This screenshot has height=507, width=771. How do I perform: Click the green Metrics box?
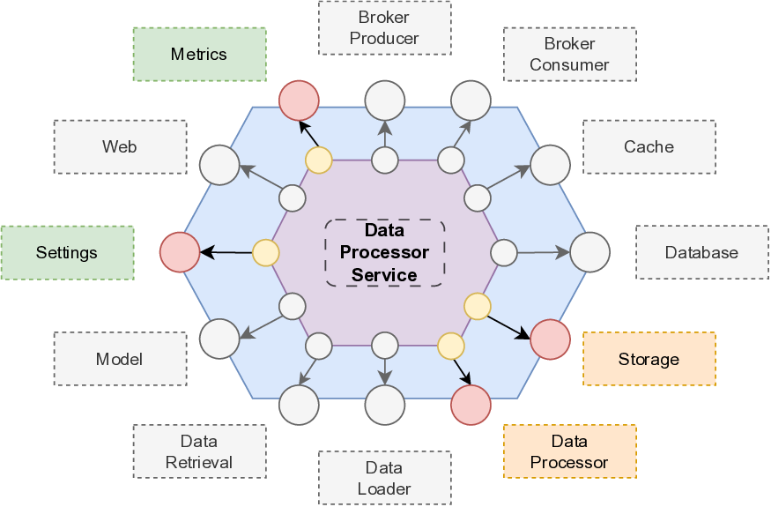[199, 55]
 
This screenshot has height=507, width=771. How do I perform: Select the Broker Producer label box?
[384, 28]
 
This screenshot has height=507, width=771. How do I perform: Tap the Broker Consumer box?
[569, 55]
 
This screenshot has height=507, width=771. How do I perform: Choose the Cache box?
[649, 147]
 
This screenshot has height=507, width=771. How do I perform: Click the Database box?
[701, 253]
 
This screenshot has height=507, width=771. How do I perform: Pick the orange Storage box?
[649, 359]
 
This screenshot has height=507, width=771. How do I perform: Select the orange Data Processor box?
[569, 451]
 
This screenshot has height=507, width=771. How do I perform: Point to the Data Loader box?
[384, 478]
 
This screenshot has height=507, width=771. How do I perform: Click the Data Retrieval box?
[199, 451]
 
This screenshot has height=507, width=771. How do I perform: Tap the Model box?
[120, 359]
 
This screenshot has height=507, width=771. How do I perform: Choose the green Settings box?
[67, 253]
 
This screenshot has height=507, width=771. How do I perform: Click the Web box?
[120, 147]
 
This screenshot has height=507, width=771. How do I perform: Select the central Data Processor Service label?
[384, 252]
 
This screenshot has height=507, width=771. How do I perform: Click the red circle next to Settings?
[180, 252]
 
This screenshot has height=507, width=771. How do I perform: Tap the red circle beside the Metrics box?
[299, 101]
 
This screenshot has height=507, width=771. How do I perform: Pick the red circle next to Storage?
[551, 339]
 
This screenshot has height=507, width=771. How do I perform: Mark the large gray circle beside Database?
[589, 252]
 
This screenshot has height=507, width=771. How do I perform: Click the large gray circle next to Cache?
[551, 166]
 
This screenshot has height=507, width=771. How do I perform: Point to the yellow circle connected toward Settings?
[266, 253]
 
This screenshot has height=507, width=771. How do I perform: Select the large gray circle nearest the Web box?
[219, 165]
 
